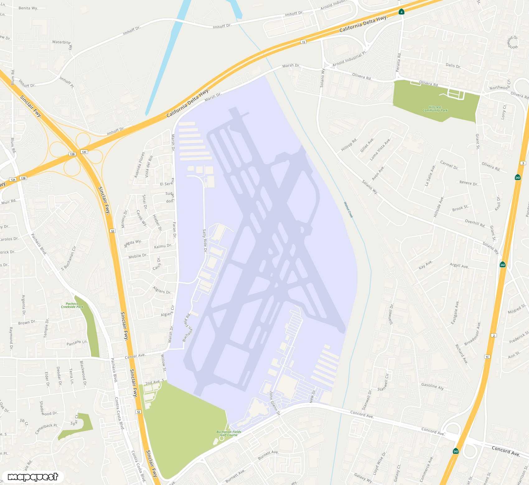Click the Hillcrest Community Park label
click(435, 109)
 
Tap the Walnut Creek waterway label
click(348, 210)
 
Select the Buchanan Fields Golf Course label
click(229, 433)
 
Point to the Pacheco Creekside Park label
click(72, 305)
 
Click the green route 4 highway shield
click(401, 12)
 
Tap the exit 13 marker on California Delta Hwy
click(303, 42)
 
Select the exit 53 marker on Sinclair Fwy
click(113, 231)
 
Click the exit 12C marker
click(84, 152)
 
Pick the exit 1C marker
click(487, 357)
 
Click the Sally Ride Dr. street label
click(205, 241)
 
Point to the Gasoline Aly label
click(432, 386)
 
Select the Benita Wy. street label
click(28, 8)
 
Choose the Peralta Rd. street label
click(399, 62)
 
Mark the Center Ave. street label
click(135, 356)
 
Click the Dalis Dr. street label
click(453, 66)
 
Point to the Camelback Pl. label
click(46, 429)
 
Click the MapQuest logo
click(33, 477)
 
